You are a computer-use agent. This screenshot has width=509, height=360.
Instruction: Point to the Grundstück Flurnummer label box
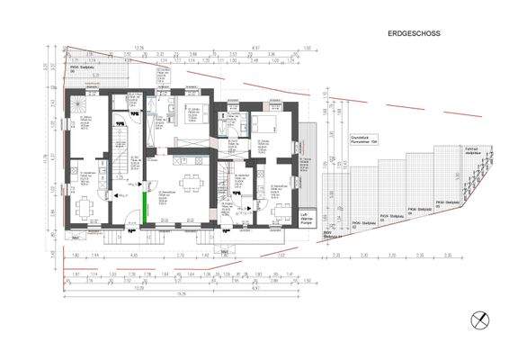(360, 139)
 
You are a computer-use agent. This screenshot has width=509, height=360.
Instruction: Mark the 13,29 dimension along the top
(138, 49)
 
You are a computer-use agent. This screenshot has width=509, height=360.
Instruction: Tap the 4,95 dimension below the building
(134, 256)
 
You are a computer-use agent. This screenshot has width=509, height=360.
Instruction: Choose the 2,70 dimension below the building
(182, 256)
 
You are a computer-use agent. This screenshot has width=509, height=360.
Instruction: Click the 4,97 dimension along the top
(255, 49)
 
